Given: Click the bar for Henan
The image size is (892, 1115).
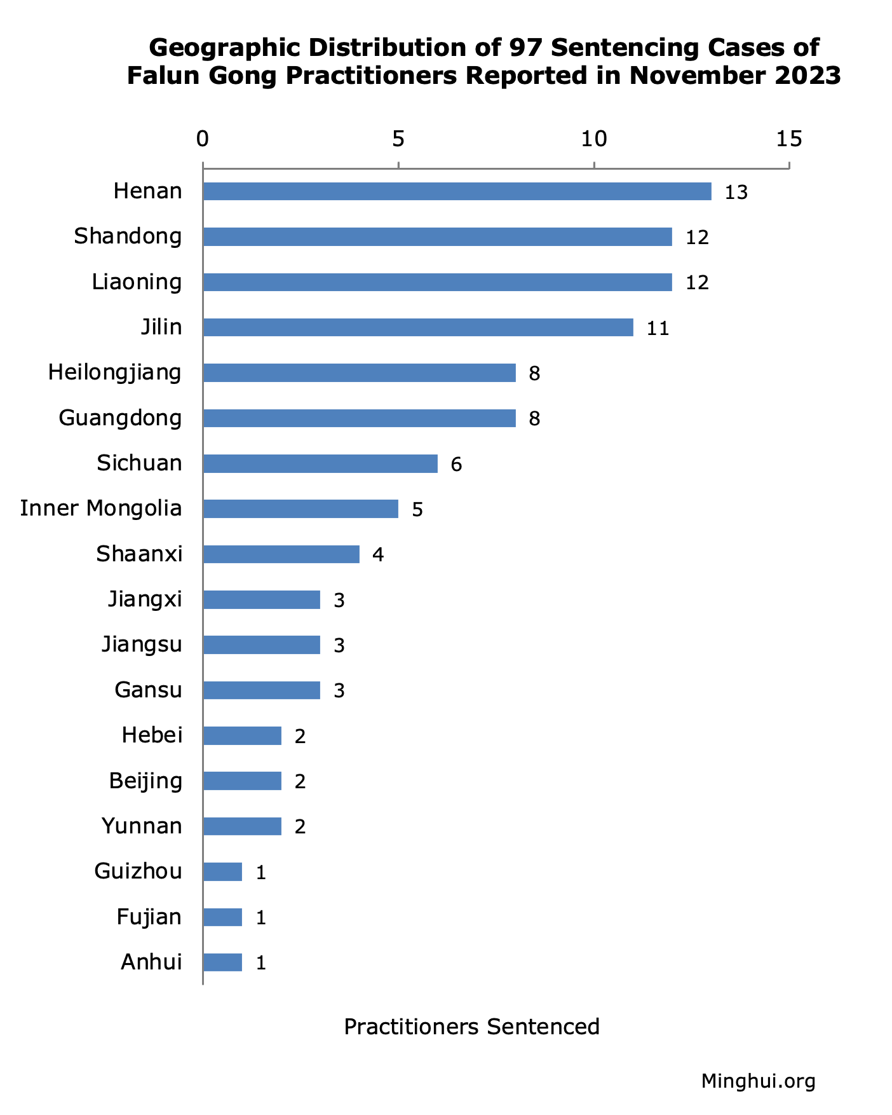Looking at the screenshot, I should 457,191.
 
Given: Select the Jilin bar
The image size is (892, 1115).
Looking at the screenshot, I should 418,327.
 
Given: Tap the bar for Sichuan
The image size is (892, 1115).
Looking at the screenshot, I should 320,464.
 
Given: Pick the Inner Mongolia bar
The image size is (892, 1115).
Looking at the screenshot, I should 301,509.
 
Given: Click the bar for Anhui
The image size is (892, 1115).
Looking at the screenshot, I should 222,962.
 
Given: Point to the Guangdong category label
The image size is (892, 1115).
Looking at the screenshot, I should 120,418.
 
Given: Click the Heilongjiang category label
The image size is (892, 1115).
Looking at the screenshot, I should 115,373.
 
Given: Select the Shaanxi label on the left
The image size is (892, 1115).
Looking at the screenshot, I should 139,554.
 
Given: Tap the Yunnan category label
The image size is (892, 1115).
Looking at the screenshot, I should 142,826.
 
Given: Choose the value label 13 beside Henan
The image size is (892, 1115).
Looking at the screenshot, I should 736,193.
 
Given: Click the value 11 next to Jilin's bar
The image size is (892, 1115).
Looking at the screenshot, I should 658,329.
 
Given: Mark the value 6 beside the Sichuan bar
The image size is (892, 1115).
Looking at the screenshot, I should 456,465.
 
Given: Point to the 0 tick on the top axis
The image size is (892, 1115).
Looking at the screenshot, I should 203,139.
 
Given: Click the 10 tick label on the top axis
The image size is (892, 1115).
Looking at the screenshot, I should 594,139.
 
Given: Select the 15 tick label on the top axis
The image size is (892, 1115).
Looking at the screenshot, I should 789,139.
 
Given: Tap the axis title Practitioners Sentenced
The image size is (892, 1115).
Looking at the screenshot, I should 471,1027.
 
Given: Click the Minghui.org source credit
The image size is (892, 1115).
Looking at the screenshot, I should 758,1081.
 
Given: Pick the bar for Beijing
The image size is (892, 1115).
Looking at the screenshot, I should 242,781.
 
